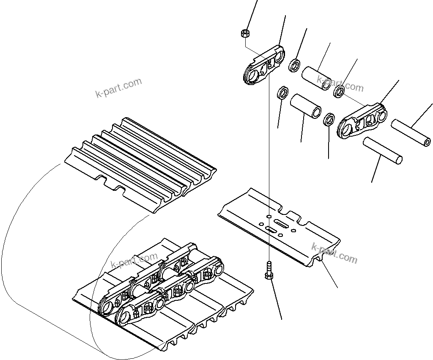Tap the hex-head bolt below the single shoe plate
point(269,271)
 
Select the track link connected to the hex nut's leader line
point(263,66)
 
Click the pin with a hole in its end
point(411,132)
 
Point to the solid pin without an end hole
point(382,150)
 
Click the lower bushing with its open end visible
point(305,107)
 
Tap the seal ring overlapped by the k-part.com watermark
point(339,91)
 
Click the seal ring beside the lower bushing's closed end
point(282,92)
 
